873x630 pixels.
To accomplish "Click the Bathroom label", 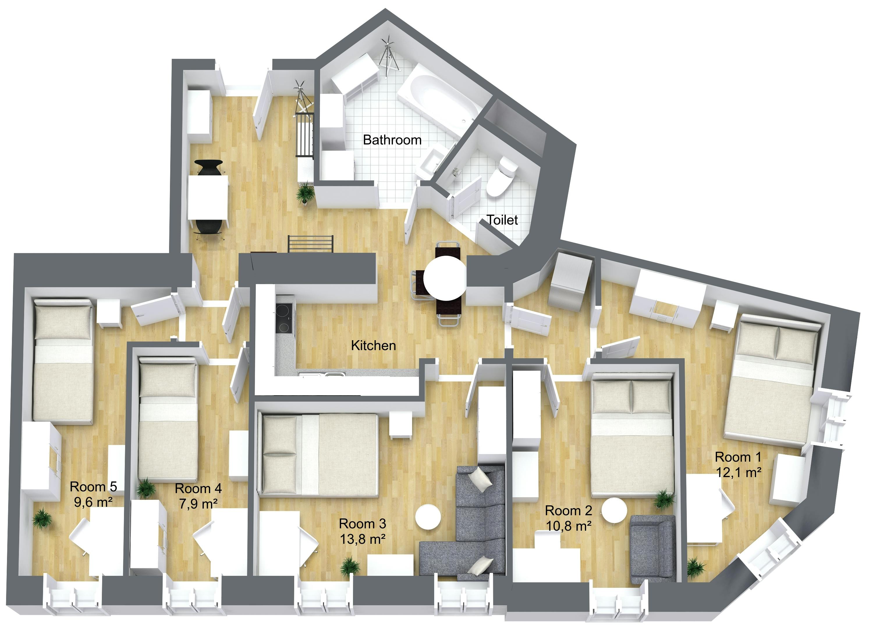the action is (x=392, y=140).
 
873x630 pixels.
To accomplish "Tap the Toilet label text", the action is (x=502, y=220).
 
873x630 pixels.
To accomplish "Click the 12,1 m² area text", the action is (x=739, y=472).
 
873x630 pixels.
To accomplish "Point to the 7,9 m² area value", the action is (x=198, y=503).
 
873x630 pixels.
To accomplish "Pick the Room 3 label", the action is (x=362, y=524).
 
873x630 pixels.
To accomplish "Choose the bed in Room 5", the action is (x=63, y=361).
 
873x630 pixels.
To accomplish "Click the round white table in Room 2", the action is (x=614, y=510).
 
